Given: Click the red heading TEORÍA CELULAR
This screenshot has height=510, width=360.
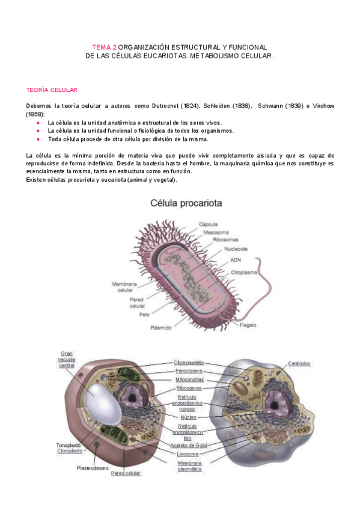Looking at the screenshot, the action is (52, 90).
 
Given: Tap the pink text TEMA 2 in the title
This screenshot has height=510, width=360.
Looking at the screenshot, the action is (104, 47).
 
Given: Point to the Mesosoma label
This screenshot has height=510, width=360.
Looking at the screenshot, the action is (215, 232).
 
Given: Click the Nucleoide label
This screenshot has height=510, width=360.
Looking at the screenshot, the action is (236, 248).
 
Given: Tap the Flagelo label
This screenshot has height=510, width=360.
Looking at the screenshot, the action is (248, 325).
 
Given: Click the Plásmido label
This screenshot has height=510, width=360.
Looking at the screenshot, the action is (160, 328).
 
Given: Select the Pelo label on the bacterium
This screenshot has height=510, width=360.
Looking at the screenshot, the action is (144, 314).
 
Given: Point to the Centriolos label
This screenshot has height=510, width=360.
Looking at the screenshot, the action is (299, 363).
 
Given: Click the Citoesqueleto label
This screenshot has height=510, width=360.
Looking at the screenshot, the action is (189, 363).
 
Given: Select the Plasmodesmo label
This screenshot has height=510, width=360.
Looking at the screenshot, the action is (93, 467).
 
